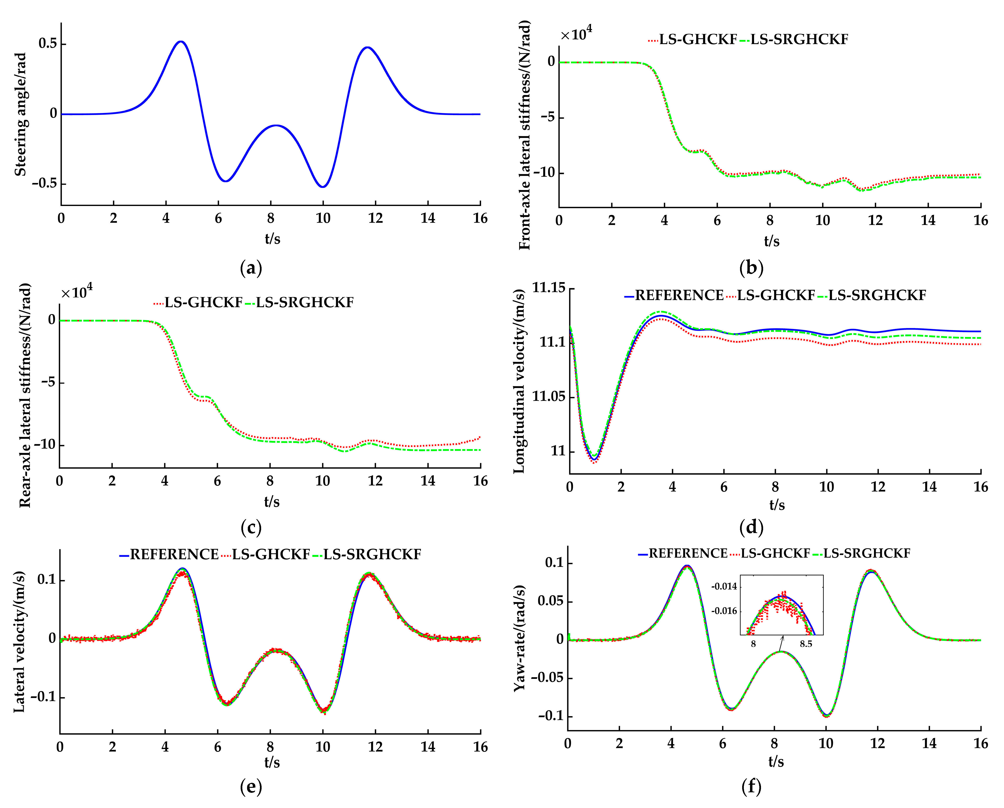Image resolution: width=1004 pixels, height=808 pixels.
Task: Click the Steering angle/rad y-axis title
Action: pyautogui.click(x=20, y=114)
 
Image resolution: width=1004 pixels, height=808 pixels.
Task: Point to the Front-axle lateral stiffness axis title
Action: pyautogui.click(x=524, y=135)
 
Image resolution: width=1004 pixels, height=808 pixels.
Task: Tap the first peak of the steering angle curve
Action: pyautogui.click(x=181, y=42)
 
